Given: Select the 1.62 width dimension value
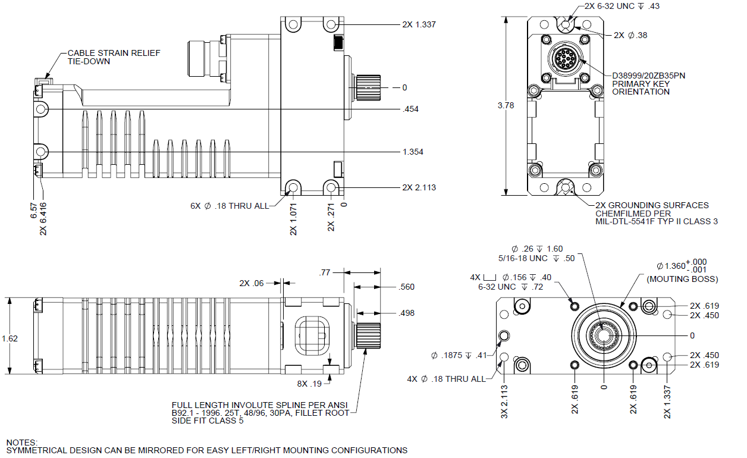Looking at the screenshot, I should [x=10, y=338].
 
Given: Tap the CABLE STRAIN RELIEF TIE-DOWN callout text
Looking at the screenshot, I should [x=114, y=57].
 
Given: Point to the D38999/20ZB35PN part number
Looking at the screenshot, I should [x=648, y=76].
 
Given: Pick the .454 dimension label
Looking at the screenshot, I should [x=410, y=109].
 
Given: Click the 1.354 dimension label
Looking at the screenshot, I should [x=413, y=152].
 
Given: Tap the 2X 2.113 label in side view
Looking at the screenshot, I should [x=419, y=187].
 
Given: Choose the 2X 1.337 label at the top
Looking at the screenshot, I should [x=419, y=24].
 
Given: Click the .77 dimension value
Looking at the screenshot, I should [x=324, y=272].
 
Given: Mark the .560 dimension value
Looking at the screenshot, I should [x=407, y=287].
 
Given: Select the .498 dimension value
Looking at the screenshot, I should [x=407, y=313].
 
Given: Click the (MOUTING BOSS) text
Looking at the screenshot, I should [x=682, y=279].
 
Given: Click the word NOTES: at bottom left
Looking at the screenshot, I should [x=22, y=443].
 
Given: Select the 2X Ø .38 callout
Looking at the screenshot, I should [x=630, y=35].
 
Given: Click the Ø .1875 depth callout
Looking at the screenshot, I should [x=459, y=356].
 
